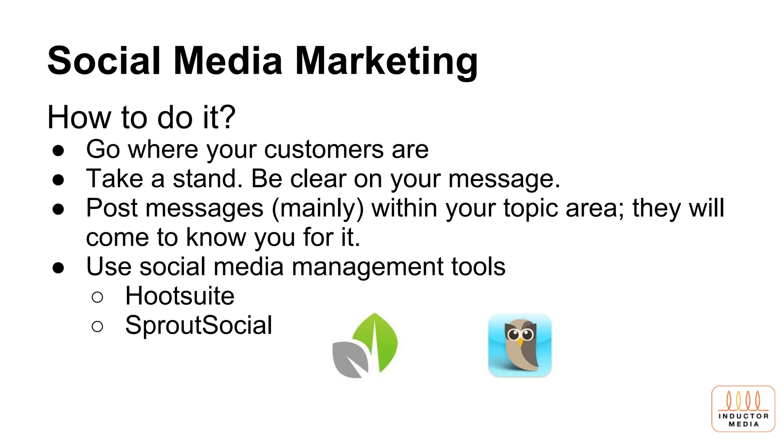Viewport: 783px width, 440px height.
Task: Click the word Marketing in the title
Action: pyautogui.click(x=386, y=61)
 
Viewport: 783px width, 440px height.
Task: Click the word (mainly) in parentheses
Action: pyautogui.click(x=318, y=208)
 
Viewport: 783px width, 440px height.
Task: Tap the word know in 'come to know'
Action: pyautogui.click(x=216, y=237)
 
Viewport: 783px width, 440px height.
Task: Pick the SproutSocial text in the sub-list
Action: pyautogui.click(x=198, y=325)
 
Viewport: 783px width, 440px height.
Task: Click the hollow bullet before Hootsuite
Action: pyautogui.click(x=97, y=297)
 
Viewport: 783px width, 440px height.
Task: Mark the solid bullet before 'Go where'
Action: pyautogui.click(x=58, y=150)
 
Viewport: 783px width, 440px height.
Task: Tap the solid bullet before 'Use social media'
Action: pyautogui.click(x=58, y=268)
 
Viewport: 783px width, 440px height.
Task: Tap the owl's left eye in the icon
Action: pyautogui.click(x=513, y=335)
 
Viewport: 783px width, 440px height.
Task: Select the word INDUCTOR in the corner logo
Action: pyautogui.click(x=743, y=416)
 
